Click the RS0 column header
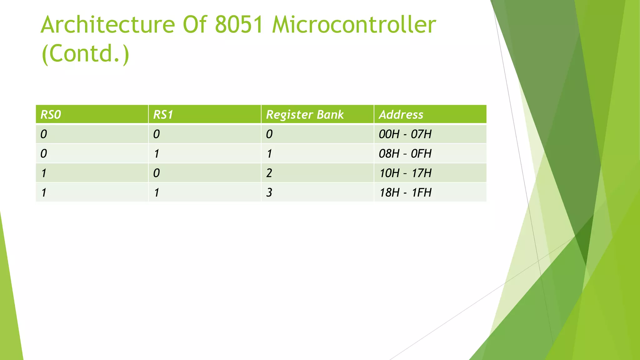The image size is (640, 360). pyautogui.click(x=51, y=115)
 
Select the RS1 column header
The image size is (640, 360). pyautogui.click(x=163, y=115)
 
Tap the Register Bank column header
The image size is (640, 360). pyautogui.click(x=305, y=115)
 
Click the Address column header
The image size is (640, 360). pyautogui.click(x=401, y=115)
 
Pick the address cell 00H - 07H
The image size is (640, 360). pyautogui.click(x=405, y=134)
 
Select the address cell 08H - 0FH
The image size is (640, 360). pyautogui.click(x=405, y=154)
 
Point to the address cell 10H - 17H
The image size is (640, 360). pyautogui.click(x=405, y=173)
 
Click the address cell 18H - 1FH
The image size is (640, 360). pyautogui.click(x=405, y=192)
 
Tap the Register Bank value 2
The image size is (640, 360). pyautogui.click(x=269, y=173)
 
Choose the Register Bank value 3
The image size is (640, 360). pyautogui.click(x=269, y=192)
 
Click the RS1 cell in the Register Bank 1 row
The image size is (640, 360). pyautogui.click(x=157, y=154)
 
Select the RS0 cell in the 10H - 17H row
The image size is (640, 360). pyautogui.click(x=44, y=173)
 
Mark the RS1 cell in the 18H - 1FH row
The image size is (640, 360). pyautogui.click(x=157, y=192)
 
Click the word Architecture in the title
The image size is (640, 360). pyautogui.click(x=107, y=25)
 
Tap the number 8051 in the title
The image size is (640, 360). pyautogui.click(x=239, y=25)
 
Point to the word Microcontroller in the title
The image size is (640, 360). pyautogui.click(x=354, y=25)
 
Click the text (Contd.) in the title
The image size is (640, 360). pyautogui.click(x=85, y=54)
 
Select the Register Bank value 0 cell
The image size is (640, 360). pyautogui.click(x=269, y=134)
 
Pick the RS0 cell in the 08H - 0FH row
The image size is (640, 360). pyautogui.click(x=44, y=154)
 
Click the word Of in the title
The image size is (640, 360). pyautogui.click(x=195, y=25)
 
